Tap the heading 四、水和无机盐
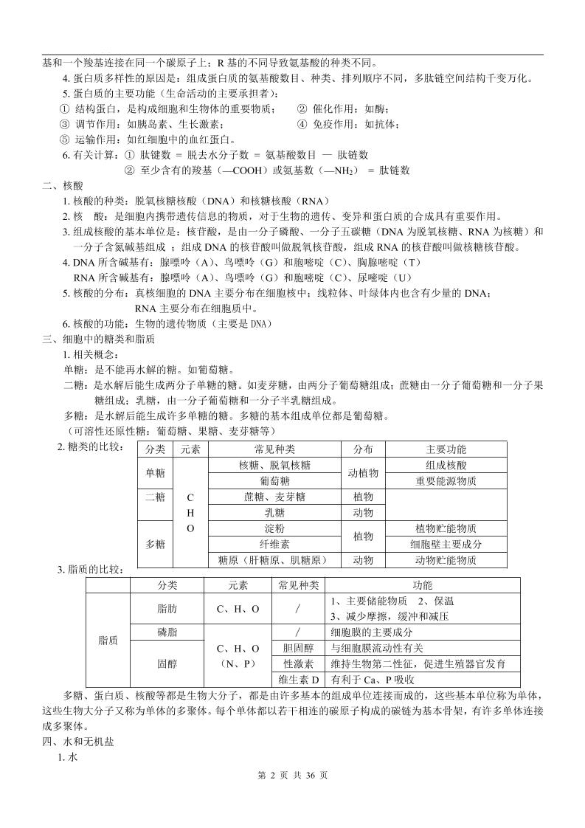click(77, 743)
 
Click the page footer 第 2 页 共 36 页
click(292, 796)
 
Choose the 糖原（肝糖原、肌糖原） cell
click(274, 560)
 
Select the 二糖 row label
click(155, 497)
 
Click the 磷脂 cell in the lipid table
click(167, 632)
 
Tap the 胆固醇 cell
click(299, 648)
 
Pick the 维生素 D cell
click(299, 680)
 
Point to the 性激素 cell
click(299, 664)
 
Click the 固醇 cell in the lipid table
click(167, 664)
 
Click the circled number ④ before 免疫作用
click(302, 124)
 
